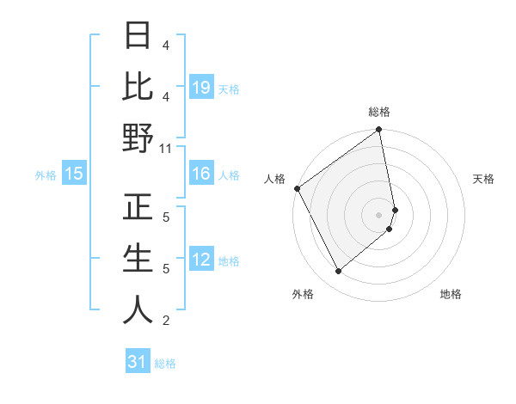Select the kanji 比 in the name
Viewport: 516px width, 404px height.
(x=138, y=86)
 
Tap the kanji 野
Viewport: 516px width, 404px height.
(x=138, y=138)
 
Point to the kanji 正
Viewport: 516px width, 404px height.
(x=138, y=206)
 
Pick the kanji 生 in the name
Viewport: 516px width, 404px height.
(x=138, y=258)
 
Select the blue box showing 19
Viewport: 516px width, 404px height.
(x=201, y=87)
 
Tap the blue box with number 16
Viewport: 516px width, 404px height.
(x=201, y=174)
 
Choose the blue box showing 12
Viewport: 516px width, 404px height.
(x=201, y=260)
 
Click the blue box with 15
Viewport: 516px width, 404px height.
(x=74, y=174)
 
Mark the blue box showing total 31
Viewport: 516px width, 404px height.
(x=138, y=362)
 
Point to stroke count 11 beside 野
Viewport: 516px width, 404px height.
(x=165, y=148)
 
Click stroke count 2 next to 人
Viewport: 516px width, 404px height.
(x=165, y=321)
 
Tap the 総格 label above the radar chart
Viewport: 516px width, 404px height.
(x=379, y=112)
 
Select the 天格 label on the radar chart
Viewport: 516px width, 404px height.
(x=483, y=180)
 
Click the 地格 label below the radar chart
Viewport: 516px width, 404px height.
(x=451, y=294)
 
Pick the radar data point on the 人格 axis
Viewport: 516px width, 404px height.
(x=298, y=188)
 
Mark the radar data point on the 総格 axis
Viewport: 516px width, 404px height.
(x=379, y=131)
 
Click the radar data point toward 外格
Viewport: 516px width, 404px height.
(x=339, y=272)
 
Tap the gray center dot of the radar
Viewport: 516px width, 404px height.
(x=379, y=214)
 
